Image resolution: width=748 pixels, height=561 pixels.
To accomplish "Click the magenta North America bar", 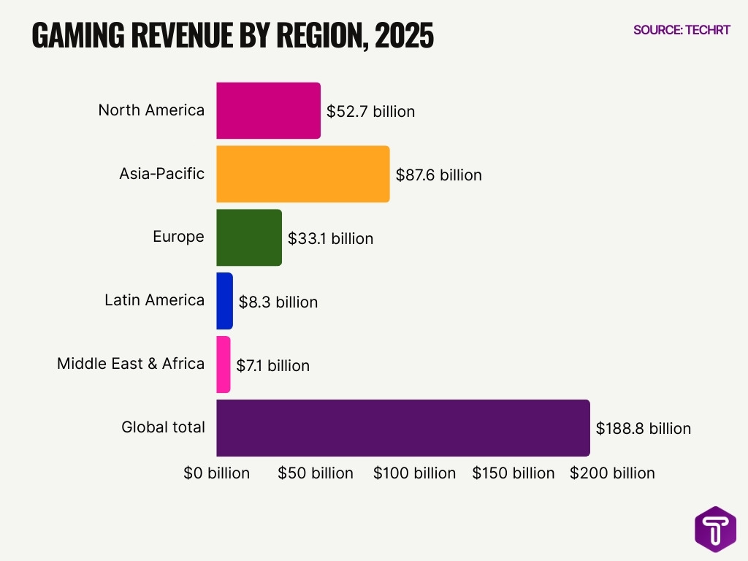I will [x=268, y=110].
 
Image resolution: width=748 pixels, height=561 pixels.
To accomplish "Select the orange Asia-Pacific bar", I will [x=302, y=174].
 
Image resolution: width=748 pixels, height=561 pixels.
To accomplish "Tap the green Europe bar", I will [x=248, y=237].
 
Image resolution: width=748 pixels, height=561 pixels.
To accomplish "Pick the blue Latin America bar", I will [x=224, y=301].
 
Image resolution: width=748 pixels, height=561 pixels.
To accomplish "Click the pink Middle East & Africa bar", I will [x=224, y=365].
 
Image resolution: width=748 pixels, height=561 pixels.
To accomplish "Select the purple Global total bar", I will [x=402, y=428].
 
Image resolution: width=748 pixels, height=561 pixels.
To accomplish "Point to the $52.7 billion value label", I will [x=370, y=112].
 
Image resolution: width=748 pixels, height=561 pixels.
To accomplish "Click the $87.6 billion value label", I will [x=438, y=175].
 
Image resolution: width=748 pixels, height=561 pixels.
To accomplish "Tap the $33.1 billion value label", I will [x=330, y=239].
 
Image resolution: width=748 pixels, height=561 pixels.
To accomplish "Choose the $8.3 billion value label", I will [x=278, y=302].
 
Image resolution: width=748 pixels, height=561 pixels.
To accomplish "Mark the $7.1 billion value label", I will [x=273, y=366].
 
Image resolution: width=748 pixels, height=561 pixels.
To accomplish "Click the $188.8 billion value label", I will [x=643, y=429].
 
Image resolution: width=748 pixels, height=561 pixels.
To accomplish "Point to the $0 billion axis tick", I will [x=216, y=473].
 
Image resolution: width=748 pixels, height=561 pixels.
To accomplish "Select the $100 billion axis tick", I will [x=414, y=473].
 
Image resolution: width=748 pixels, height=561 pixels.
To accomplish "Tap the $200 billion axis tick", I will [x=612, y=473].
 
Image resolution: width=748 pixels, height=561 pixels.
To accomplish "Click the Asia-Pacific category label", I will [x=161, y=174].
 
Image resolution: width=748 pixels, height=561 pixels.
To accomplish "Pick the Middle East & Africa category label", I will [x=131, y=364].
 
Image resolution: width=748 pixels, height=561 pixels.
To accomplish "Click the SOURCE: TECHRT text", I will [x=682, y=30].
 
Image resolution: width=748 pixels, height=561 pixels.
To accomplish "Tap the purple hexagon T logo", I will [x=715, y=530].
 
